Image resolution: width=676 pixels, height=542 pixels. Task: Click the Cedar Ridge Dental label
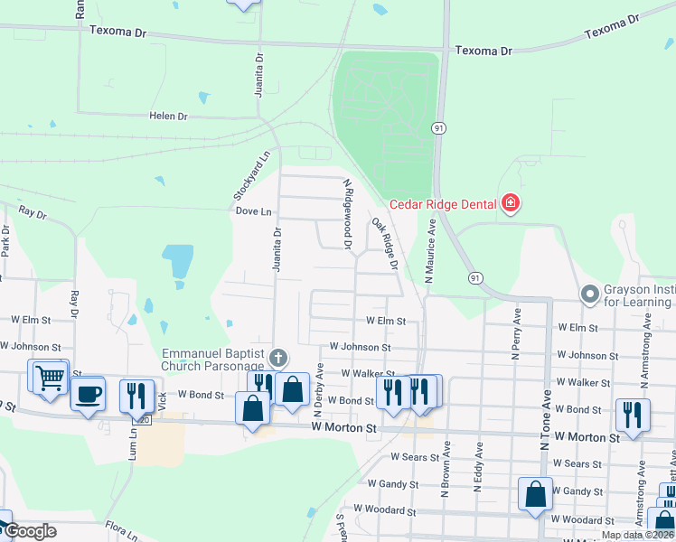pos(443,203)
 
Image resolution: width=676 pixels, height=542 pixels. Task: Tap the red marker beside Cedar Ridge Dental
pos(511,203)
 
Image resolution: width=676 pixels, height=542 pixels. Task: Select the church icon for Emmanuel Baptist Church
pos(279,359)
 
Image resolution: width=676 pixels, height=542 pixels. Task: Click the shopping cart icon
pos(50,376)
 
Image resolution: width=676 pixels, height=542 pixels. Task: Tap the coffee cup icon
pos(89,394)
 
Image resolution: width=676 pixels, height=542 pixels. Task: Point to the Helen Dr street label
pos(168,117)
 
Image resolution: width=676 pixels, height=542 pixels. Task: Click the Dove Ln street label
pos(253,211)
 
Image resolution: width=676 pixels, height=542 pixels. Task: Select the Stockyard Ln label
pos(239,176)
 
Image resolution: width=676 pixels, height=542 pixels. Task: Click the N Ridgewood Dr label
pos(346,214)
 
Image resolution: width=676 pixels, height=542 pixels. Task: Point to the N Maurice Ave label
pos(432,257)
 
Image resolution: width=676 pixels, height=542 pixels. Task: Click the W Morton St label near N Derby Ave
pos(343,426)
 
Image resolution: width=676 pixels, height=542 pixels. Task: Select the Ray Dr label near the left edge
pos(33,214)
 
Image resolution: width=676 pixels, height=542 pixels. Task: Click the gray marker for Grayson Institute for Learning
pos(590,294)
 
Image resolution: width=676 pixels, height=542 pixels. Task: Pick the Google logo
pos(29,531)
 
